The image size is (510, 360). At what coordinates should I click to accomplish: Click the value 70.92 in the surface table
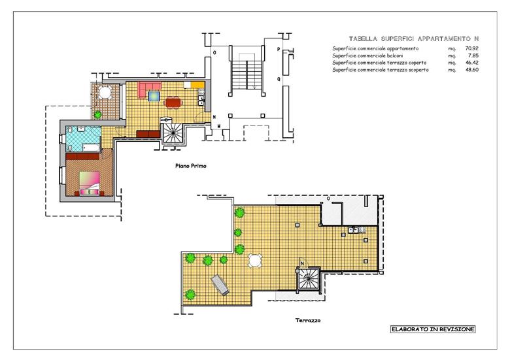point(472,48)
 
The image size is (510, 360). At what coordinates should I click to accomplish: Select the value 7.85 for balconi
point(473,56)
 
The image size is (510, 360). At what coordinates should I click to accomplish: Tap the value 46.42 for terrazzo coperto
point(472,63)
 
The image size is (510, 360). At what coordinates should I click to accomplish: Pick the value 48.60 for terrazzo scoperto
point(472,70)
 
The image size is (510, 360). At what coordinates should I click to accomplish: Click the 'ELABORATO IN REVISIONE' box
point(433,329)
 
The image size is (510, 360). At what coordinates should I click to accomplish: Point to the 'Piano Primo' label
point(191,166)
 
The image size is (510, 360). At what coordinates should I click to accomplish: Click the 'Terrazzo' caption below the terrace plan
point(308,320)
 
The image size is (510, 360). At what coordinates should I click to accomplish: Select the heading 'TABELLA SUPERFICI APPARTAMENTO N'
point(414,39)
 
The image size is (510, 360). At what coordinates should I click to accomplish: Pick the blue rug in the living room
point(154,96)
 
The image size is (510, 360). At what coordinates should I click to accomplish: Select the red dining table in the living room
point(174,103)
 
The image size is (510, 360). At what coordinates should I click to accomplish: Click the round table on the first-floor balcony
point(105,93)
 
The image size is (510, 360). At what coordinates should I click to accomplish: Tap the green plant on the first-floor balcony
point(97,114)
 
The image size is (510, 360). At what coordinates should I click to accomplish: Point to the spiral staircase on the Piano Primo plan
point(172,131)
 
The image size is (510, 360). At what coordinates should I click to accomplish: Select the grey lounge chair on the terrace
point(220,285)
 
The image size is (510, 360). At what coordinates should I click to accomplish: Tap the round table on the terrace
point(255,261)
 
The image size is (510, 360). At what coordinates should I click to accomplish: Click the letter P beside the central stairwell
point(279,50)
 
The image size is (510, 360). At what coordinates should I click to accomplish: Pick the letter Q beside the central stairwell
point(279,79)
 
